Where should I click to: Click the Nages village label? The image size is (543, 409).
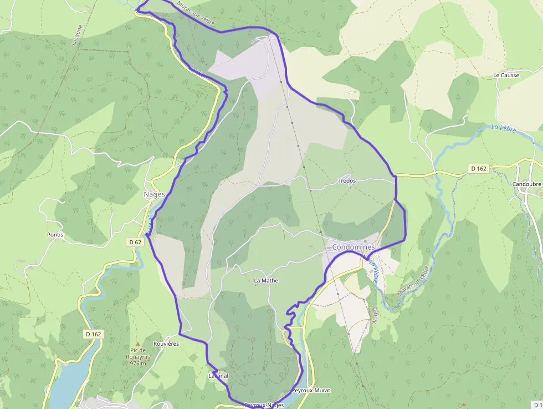[x=155, y=194]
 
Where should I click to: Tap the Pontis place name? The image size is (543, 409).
[x=55, y=235]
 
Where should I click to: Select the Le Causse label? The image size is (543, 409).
[x=506, y=75]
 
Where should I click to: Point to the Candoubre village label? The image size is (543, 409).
[x=527, y=184]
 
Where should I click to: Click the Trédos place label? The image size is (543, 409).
[x=347, y=181]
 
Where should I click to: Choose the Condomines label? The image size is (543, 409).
[x=353, y=247]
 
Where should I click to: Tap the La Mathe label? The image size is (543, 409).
[x=266, y=281]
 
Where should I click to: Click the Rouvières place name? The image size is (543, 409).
[x=166, y=344]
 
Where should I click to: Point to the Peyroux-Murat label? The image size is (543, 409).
[x=310, y=391]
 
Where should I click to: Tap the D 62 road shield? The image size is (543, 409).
[x=135, y=242]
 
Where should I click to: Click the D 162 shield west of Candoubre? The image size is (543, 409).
[x=479, y=168]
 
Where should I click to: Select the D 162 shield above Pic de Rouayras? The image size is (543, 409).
[x=94, y=334]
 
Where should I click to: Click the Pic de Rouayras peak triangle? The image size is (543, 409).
[x=138, y=344]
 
